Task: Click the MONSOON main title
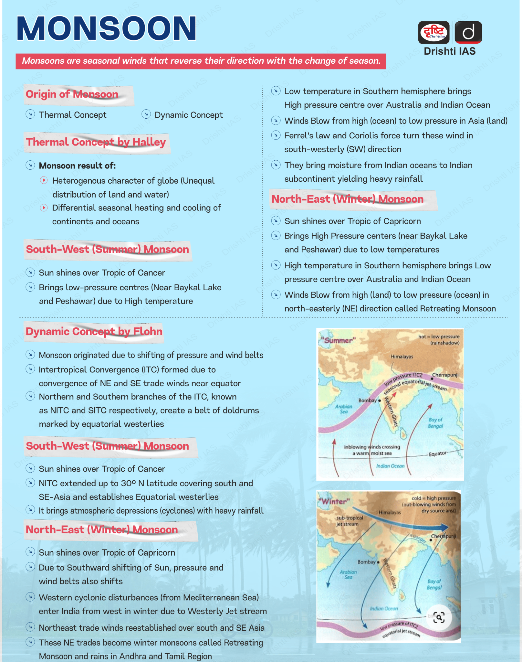point(107,28)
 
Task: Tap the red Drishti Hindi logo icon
point(433,32)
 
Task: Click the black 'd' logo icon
point(468,32)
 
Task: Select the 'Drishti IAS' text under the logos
point(449,51)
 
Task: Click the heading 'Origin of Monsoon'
point(72,94)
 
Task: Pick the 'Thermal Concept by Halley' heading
point(96,142)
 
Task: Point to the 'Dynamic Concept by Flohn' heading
point(94,332)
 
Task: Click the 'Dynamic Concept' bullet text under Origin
point(189,115)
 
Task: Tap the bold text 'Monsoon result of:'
point(77,166)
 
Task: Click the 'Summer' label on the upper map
point(338,340)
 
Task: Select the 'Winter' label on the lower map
point(334,501)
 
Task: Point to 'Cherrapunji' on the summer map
point(445,375)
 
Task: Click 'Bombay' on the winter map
point(367,562)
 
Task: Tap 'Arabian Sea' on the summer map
point(344,409)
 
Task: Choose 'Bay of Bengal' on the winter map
point(434,584)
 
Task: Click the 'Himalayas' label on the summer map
point(402,357)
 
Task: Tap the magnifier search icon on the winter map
point(439,617)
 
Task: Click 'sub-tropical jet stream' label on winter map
point(350,521)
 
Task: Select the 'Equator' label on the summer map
point(437,454)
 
